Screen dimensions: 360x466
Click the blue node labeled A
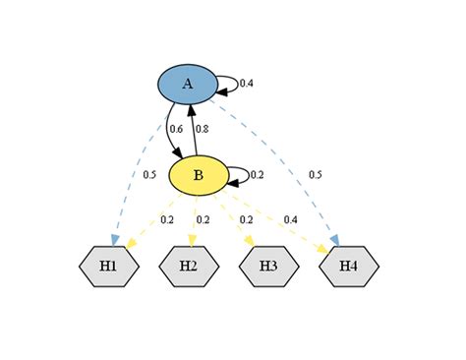187,85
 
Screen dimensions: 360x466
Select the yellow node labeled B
199,175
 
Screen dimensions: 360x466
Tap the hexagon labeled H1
108,267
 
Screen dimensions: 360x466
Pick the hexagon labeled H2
189,267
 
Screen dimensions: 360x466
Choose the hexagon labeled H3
269,267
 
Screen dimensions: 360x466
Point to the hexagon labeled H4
349,267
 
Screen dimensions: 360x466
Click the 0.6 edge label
176,129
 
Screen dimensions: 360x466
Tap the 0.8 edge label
202,129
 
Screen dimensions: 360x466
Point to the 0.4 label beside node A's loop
247,84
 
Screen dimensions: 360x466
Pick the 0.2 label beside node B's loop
258,175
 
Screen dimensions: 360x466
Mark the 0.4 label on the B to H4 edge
290,219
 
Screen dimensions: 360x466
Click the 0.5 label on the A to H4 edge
316,175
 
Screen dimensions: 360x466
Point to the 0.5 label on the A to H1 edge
149,175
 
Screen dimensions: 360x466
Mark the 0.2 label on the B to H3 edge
246,219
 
